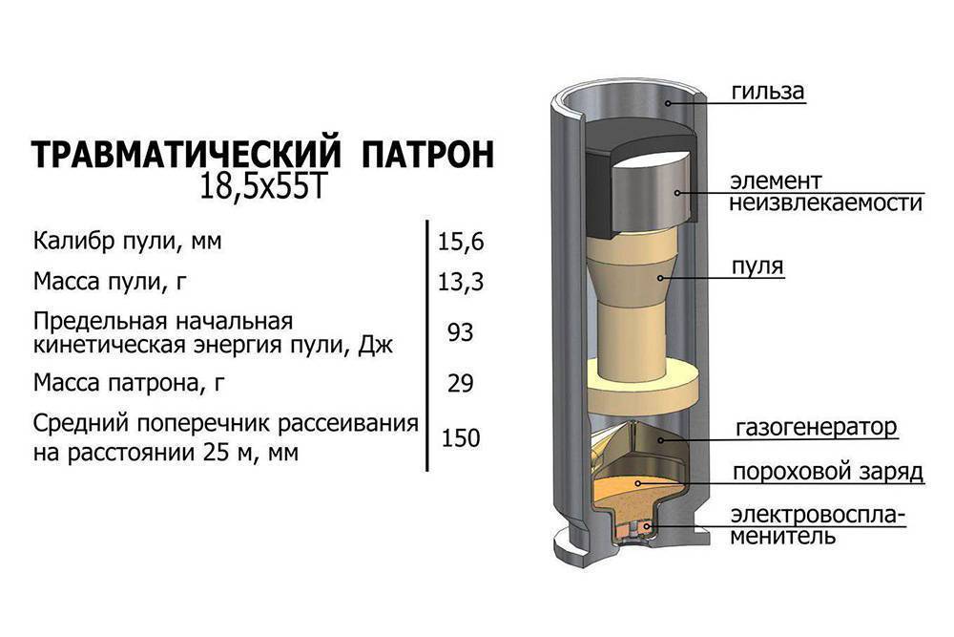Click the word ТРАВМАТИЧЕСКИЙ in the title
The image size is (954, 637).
pos(187,156)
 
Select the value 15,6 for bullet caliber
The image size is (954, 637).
pos(461,242)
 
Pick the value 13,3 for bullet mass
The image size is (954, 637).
pos(461,283)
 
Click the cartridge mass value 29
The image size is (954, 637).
pos(461,383)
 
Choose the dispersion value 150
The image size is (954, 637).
pos(461,437)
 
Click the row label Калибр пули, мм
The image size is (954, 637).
pos(127,242)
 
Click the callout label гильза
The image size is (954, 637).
pos(769,92)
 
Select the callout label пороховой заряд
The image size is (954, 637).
pos(826,473)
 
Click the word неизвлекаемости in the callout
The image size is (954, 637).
pos(826,203)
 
